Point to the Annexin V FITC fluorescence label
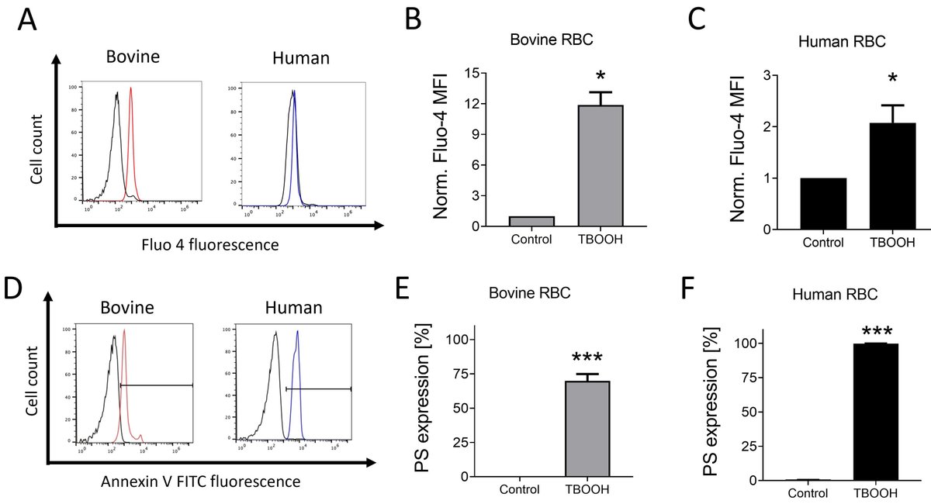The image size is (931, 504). (x=201, y=482)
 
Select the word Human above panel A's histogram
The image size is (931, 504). (x=301, y=57)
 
